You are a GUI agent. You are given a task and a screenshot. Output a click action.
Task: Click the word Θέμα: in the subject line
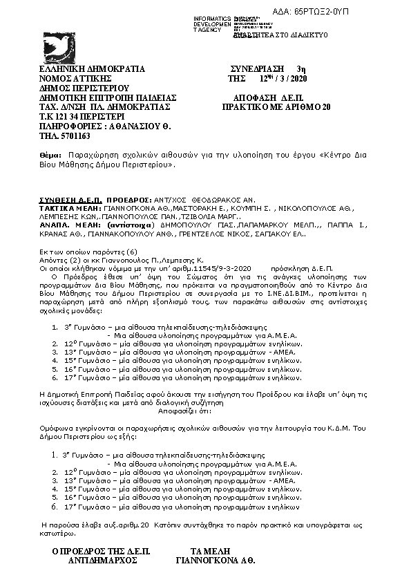pyautogui.click(x=50, y=158)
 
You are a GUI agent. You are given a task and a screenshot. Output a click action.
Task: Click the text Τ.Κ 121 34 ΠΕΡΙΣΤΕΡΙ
pyautogui.click(x=81, y=118)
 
